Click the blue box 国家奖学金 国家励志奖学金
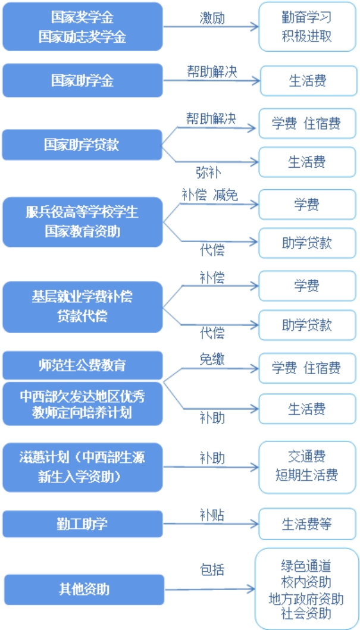point(82,27)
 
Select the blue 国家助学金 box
point(82,80)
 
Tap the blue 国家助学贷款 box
point(82,145)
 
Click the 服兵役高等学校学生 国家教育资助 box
point(82,222)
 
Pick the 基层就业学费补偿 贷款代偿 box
point(82,306)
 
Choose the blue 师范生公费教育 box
point(82,365)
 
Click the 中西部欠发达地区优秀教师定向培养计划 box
point(82,404)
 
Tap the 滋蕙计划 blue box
point(82,467)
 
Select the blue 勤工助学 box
point(82,524)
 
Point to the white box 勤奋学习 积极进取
point(307,27)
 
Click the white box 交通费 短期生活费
point(307,466)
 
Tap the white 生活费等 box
point(307,524)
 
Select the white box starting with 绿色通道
point(306,589)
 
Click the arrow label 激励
point(212,17)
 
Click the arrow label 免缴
point(212,359)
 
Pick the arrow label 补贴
point(212,515)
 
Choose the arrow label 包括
point(212,570)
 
